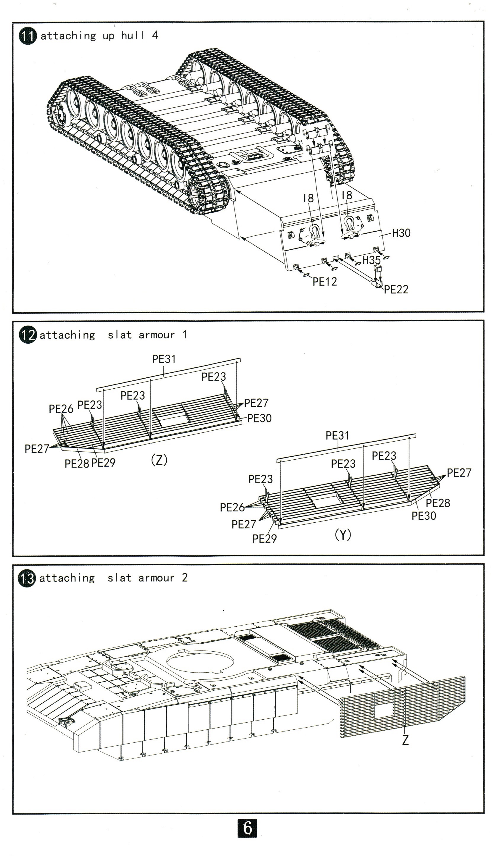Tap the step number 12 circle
coord(27,335)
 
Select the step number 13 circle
coord(27,579)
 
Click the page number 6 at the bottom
coord(247,828)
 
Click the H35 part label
coord(371,260)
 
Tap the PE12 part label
coord(324,282)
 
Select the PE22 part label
coord(396,290)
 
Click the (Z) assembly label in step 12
coord(159,460)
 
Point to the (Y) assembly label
coord(343,535)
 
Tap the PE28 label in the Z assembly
coord(77,463)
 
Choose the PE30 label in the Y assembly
coord(423,516)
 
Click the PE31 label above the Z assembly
coord(164,359)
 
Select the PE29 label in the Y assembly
coord(264,539)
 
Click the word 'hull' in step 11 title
coord(133,35)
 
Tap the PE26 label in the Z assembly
coord(61,409)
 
